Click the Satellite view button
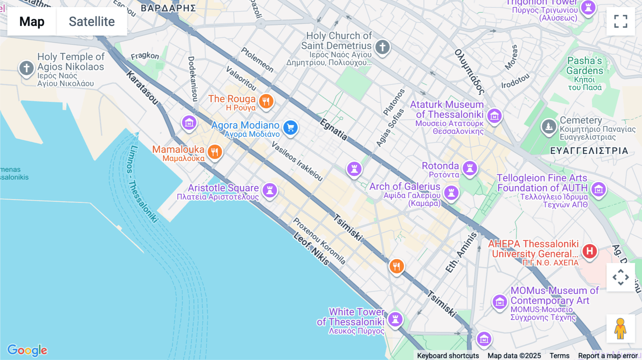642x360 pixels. coord(92,22)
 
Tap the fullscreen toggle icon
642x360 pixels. coord(621,21)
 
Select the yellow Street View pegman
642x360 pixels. coord(620,329)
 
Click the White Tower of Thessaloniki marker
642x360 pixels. coord(395,319)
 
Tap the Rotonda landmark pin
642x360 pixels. coord(470,168)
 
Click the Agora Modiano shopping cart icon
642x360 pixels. coord(290,128)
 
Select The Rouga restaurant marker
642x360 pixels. coord(266,102)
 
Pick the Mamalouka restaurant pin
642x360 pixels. coord(214,152)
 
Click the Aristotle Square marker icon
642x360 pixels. coord(270,190)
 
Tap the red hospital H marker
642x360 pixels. coord(590,251)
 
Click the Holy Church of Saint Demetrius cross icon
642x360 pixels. coord(382,47)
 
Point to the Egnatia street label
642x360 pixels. coord(333,129)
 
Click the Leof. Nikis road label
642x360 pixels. coord(311,248)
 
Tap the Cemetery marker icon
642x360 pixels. coord(549,127)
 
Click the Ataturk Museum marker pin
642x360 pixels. coord(494,115)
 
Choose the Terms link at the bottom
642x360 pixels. coord(559,355)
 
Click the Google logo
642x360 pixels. coord(27,350)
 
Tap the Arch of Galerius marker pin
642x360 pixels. coord(451,193)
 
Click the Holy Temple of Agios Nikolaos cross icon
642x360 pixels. coord(26,68)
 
